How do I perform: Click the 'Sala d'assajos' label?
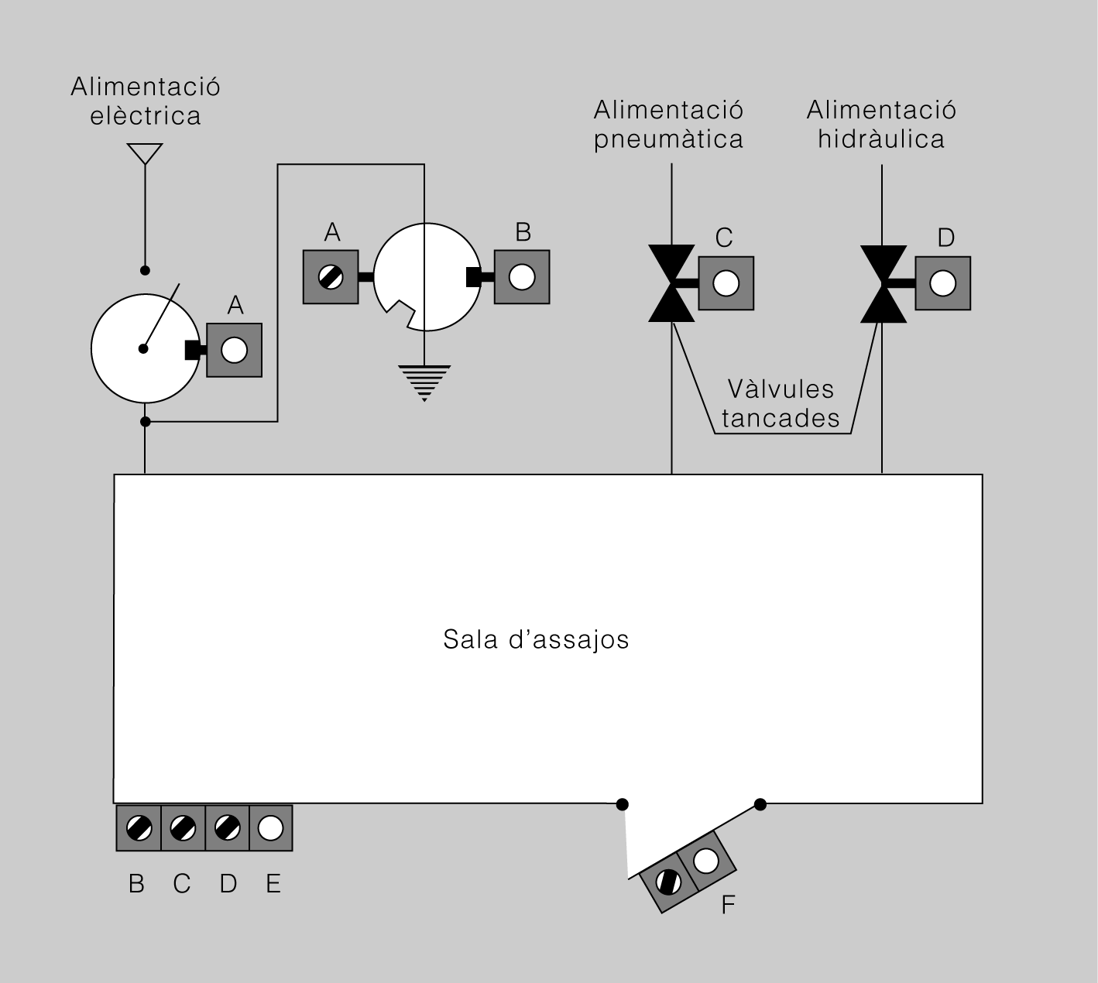[x=536, y=639]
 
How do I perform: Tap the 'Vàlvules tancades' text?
[x=781, y=404]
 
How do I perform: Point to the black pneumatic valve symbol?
[x=671, y=283]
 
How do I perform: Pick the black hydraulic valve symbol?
[x=884, y=284]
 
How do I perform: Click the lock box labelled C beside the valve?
[x=726, y=283]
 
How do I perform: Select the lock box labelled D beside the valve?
[x=942, y=283]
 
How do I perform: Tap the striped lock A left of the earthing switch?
[x=331, y=277]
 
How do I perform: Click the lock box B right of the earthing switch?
[x=522, y=277]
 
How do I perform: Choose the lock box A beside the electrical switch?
[x=234, y=350]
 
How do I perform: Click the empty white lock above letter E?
[x=270, y=828]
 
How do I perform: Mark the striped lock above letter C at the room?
[x=183, y=828]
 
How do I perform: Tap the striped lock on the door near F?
[x=668, y=882]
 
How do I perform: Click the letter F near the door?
[x=729, y=904]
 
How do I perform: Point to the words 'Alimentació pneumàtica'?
[x=668, y=125]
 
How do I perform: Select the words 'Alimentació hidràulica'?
[x=881, y=125]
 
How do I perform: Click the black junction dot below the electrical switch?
[x=146, y=422]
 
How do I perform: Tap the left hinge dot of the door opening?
[x=622, y=804]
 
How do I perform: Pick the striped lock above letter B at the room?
[x=139, y=828]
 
